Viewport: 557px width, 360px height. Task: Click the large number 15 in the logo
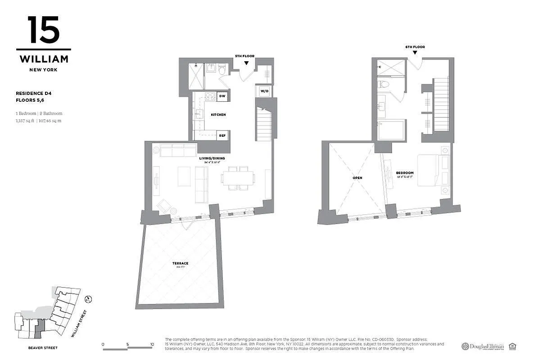tap(43, 30)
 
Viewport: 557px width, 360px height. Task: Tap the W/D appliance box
tap(264, 91)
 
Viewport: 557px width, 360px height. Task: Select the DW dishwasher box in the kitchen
tap(222, 96)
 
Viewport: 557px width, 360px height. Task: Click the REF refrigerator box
tap(222, 135)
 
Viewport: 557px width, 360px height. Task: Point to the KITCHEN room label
tap(218, 115)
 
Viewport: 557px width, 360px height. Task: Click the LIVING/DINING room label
tap(212, 158)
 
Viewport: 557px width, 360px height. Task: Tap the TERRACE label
tap(182, 263)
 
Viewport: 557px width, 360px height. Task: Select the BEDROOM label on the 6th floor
tap(404, 173)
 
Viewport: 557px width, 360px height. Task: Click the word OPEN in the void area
tap(357, 178)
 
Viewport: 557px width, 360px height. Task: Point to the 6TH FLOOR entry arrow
tap(415, 53)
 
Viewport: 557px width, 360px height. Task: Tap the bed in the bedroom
tap(429, 171)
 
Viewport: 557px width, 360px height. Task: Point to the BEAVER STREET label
tap(43, 348)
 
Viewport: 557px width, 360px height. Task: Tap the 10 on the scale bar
tap(152, 344)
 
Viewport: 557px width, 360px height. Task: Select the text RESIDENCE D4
tap(33, 93)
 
